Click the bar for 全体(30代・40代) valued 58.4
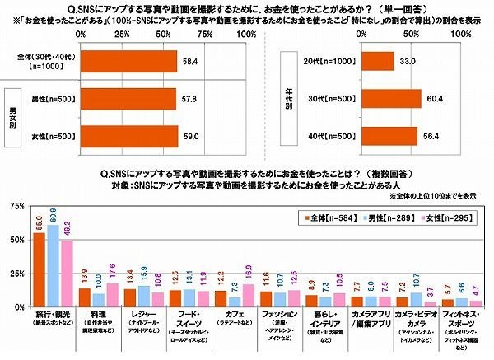pos(128,62)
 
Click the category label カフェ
pos(233,316)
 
